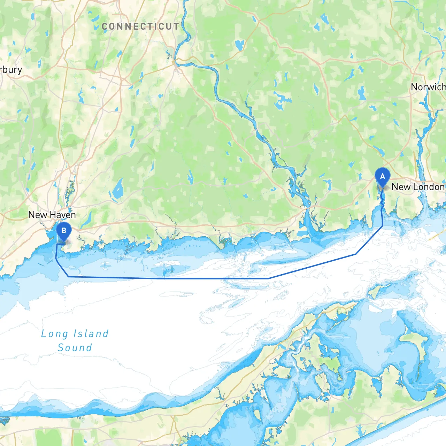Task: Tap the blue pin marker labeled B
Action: pyautogui.click(x=63, y=231)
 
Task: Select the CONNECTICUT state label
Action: pyautogui.click(x=140, y=26)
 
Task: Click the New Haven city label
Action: pyautogui.click(x=52, y=215)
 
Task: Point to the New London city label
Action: pyautogui.click(x=418, y=187)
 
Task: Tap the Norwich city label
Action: pyautogui.click(x=428, y=87)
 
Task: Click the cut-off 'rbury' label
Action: pyautogui.click(x=11, y=70)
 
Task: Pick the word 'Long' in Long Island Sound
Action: pyautogui.click(x=54, y=334)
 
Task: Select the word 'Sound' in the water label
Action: pyautogui.click(x=75, y=348)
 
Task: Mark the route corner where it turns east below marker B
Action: pyautogui.click(x=69, y=277)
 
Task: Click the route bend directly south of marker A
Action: pyautogui.click(x=383, y=226)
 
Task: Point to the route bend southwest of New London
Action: pyautogui.click(x=356, y=254)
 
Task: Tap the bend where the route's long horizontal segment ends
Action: pyautogui.click(x=268, y=278)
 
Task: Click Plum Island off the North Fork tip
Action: pyautogui.click(x=375, y=292)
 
